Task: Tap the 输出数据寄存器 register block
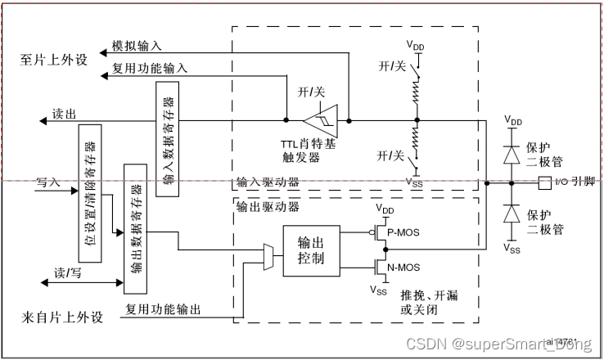(134, 228)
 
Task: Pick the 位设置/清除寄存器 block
(90, 193)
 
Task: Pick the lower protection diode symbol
(512, 214)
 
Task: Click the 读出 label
(64, 113)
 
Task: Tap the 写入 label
(49, 182)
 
